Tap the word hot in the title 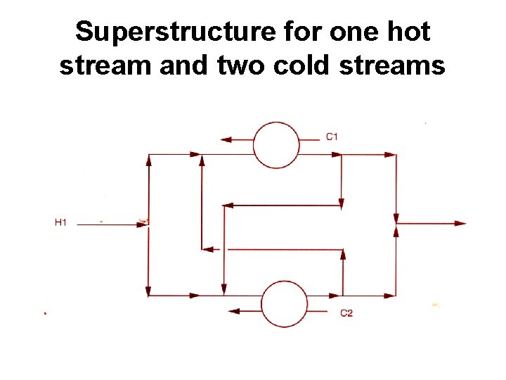click(409, 32)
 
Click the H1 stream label click(61, 223)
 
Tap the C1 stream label click(332, 137)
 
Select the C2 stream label click(346, 312)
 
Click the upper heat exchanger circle click(276, 145)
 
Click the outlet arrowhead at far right click(460, 224)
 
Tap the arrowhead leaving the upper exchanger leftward click(226, 139)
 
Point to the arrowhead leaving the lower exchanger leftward click(234, 311)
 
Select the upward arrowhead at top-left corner click(148, 160)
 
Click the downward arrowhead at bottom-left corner click(148, 290)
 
